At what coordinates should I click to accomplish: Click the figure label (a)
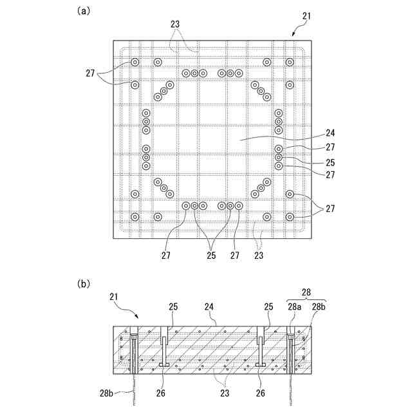(x=82, y=10)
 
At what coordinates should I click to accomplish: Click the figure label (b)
(x=82, y=283)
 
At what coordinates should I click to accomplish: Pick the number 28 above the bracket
(x=306, y=292)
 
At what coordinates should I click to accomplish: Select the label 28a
(x=294, y=307)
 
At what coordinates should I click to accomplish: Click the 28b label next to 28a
(x=319, y=307)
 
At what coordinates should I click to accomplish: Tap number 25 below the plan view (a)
(x=210, y=255)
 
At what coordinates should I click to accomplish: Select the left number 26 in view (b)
(x=167, y=391)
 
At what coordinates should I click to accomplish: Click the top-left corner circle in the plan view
(x=135, y=62)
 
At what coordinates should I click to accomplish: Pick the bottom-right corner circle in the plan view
(x=290, y=217)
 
